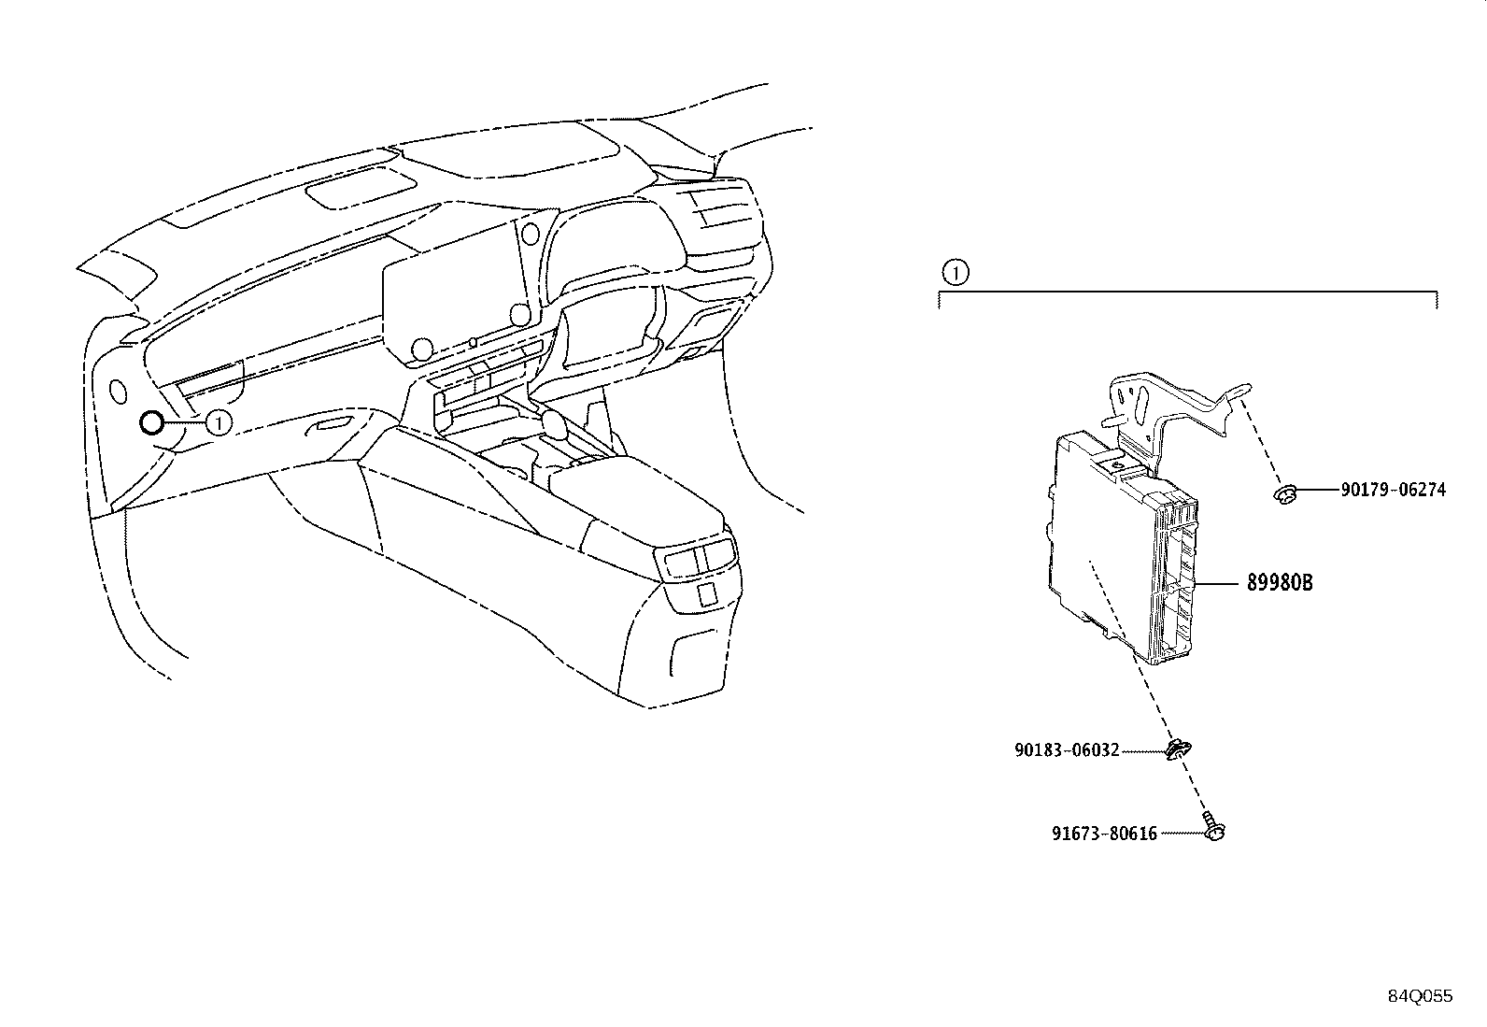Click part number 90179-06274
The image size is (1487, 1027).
click(x=1393, y=490)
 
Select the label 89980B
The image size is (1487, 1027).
click(x=1280, y=582)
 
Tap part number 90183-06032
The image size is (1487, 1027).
click(x=1067, y=750)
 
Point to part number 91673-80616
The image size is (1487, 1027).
click(x=1104, y=833)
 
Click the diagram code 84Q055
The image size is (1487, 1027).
click(x=1420, y=996)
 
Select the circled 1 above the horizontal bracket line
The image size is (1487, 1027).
click(x=956, y=272)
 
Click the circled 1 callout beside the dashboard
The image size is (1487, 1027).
click(x=219, y=422)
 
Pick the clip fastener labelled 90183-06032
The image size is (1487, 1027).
click(x=1178, y=750)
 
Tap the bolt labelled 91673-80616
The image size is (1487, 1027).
click(x=1213, y=827)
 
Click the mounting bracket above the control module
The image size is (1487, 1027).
click(x=1175, y=412)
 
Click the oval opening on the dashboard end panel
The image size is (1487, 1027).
click(x=118, y=391)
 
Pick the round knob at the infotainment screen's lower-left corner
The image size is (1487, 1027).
click(x=422, y=349)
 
